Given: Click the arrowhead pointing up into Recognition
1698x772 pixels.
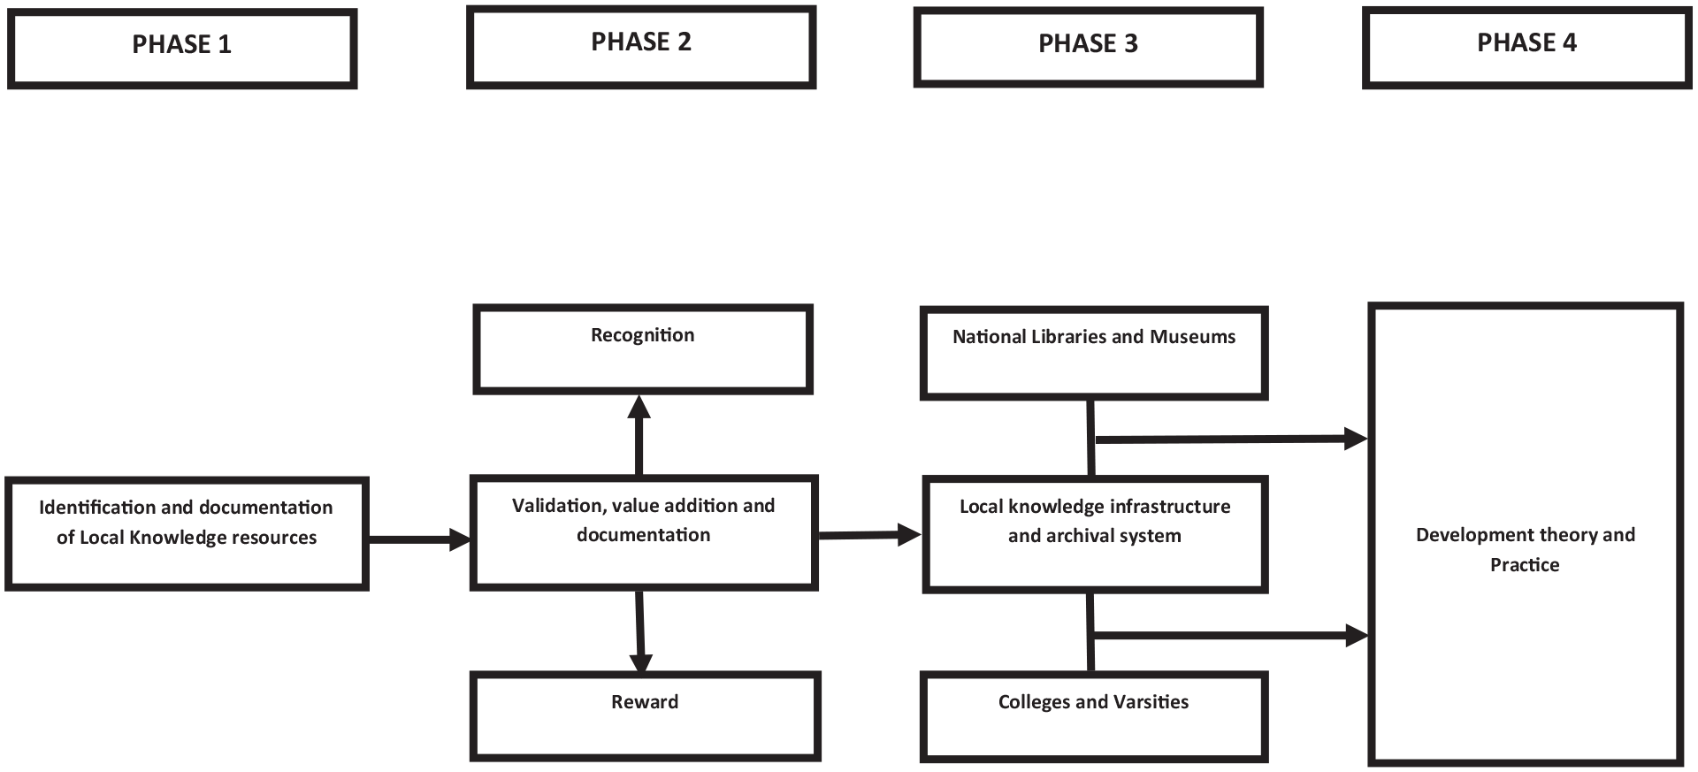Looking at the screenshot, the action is (639, 407).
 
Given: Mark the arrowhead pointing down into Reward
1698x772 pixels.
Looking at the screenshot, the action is (641, 663).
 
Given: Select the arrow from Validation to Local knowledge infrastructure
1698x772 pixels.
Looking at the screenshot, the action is (870, 534).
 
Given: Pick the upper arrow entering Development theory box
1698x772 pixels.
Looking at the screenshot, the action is (1232, 439).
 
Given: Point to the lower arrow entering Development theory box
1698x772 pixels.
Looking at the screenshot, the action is (1232, 635).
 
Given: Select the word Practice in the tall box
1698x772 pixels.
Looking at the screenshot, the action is (1525, 565).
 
